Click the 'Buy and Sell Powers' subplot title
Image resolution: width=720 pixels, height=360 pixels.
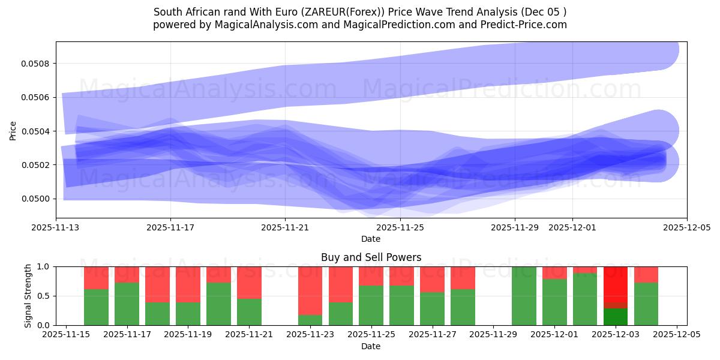pos(371,257)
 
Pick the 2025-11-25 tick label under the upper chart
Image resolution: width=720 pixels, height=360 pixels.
pos(400,227)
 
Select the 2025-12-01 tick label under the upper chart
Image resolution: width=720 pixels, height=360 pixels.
pos(572,227)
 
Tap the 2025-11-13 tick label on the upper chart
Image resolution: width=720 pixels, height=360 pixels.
pos(56,227)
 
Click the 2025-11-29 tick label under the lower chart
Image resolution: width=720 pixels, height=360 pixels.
pos(493,335)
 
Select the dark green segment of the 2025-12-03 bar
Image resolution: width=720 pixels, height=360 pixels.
pos(615,317)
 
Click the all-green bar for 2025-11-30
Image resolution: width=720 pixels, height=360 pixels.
pos(524,296)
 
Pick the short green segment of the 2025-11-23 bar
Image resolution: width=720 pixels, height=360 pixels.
pos(310,320)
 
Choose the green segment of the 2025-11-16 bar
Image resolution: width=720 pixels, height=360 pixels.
pos(96,307)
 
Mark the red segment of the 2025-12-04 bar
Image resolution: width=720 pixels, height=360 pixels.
pos(646,274)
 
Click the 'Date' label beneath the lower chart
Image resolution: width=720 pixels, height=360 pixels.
pos(371,346)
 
